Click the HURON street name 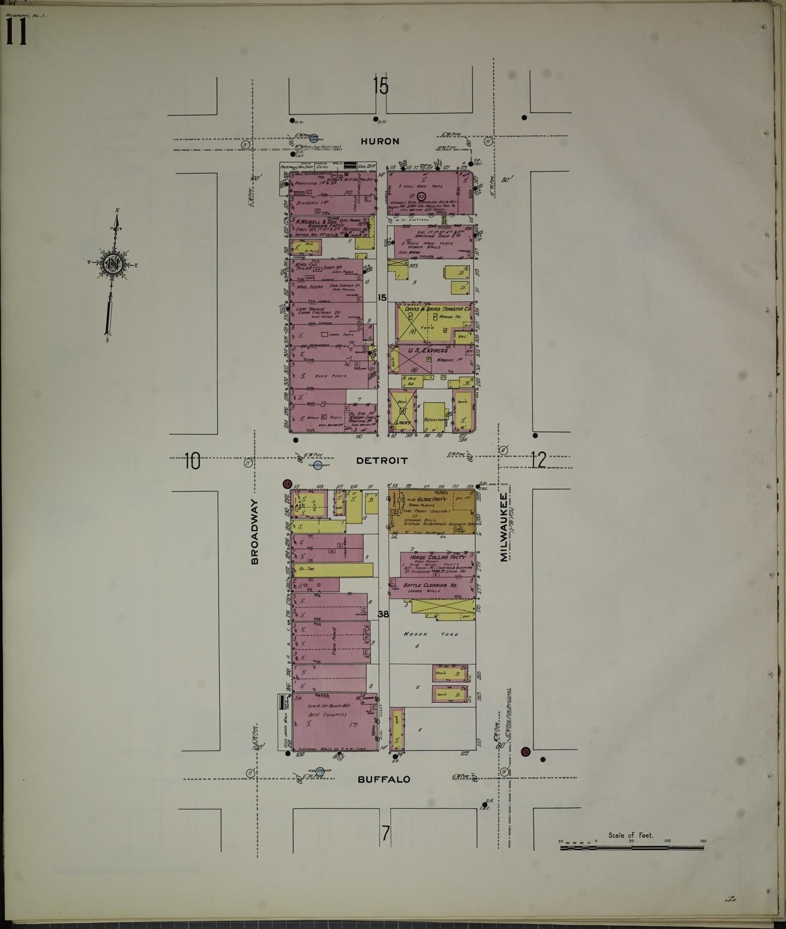[380, 141]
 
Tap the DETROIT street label [382, 461]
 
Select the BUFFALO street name [383, 779]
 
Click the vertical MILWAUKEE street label [503, 527]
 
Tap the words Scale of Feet [631, 835]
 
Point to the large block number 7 [386, 833]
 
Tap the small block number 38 [383, 614]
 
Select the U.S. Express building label [428, 351]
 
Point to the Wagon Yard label [431, 634]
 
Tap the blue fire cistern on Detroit [317, 465]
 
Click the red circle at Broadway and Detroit [287, 484]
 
